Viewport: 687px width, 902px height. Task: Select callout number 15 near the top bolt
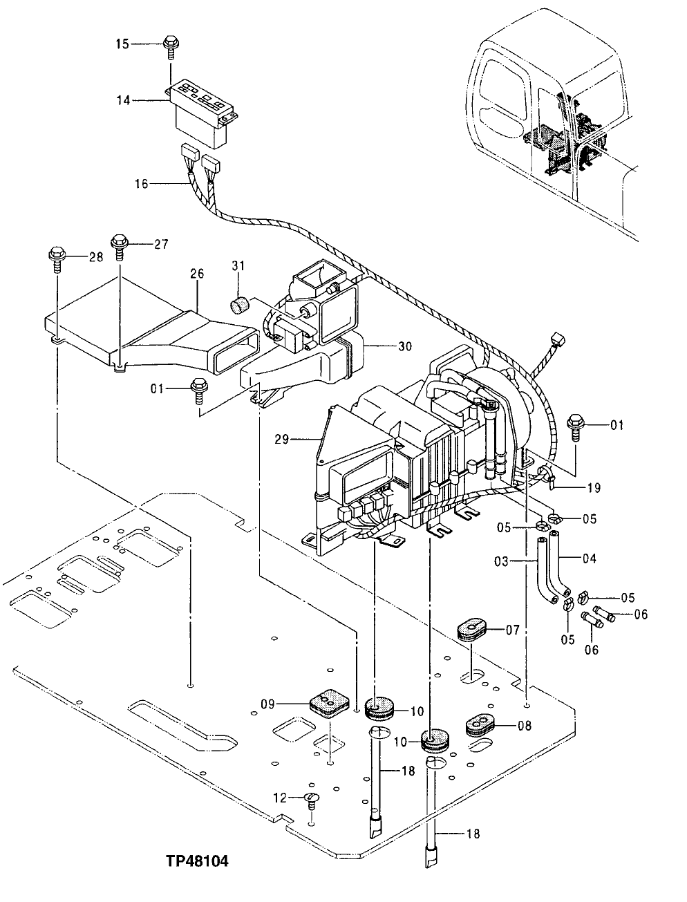(122, 44)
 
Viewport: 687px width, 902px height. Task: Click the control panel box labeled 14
(204, 114)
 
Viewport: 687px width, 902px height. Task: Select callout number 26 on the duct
(197, 274)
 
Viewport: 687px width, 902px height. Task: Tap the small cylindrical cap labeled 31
(239, 305)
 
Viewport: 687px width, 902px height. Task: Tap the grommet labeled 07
(472, 630)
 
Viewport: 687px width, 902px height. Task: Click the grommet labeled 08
(478, 724)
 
